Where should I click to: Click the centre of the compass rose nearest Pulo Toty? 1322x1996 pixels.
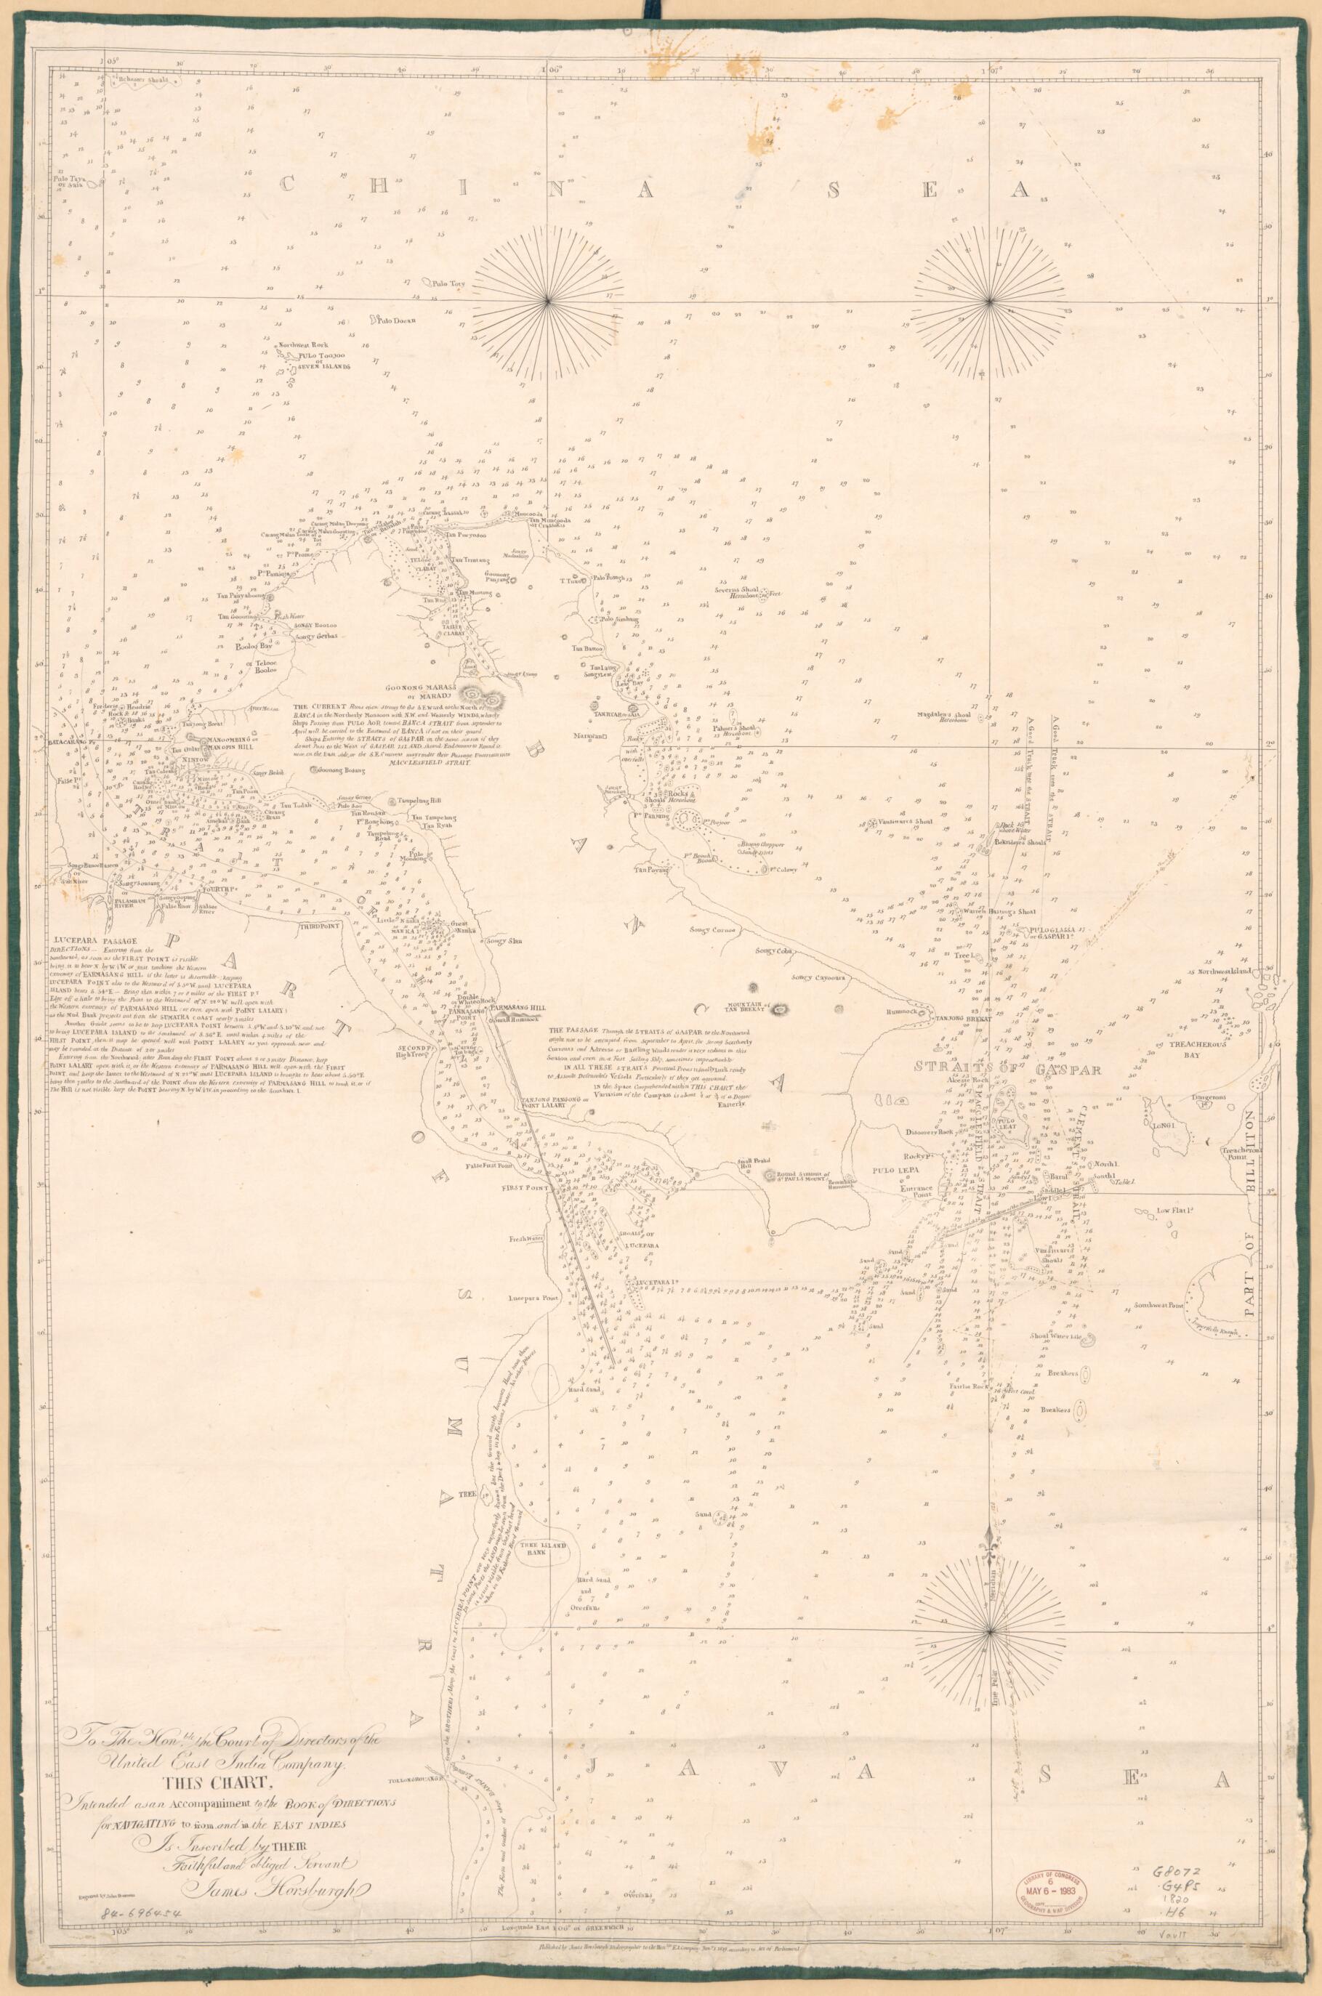point(549,300)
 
